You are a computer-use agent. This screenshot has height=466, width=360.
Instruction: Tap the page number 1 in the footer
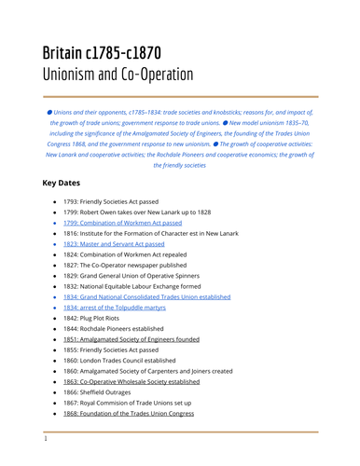[45, 437]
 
